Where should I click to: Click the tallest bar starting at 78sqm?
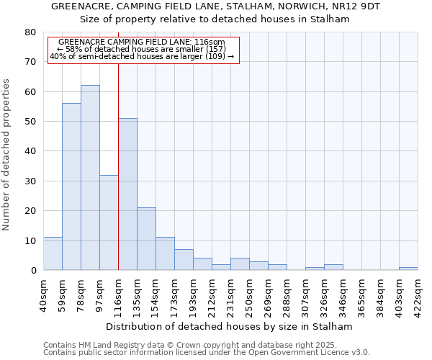click(90, 178)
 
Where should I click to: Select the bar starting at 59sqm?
click(71, 186)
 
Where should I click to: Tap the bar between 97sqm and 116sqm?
click(109, 222)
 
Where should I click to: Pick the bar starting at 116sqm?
click(127, 194)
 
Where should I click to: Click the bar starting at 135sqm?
click(146, 239)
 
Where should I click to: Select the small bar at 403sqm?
click(408, 269)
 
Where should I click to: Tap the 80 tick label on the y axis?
click(30, 32)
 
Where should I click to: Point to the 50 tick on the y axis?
click(30, 122)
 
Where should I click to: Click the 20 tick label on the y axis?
click(30, 211)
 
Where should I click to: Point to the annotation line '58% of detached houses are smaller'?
click(143, 49)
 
